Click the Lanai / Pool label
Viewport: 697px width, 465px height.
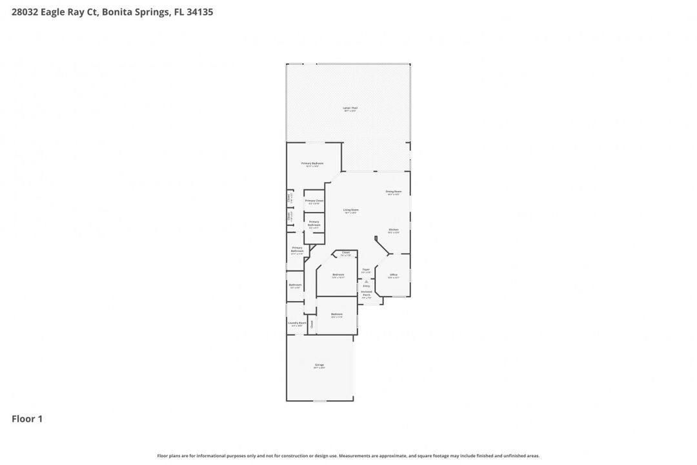350,108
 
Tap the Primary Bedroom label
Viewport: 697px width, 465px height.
313,163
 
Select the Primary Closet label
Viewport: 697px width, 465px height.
314,201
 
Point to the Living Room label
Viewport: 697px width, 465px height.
351,210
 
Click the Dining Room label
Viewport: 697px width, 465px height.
394,192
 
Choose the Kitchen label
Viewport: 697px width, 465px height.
394,230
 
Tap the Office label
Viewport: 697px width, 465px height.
394,274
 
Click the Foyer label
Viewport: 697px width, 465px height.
366,269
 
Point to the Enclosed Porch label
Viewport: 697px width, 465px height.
367,293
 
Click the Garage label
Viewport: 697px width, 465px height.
319,365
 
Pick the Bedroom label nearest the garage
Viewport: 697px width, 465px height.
337,314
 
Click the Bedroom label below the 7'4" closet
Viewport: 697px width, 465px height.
338,274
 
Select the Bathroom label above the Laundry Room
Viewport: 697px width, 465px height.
296,285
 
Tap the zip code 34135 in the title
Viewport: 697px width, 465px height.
200,12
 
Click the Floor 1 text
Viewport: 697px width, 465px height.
27,418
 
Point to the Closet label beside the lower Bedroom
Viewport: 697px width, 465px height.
312,324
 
